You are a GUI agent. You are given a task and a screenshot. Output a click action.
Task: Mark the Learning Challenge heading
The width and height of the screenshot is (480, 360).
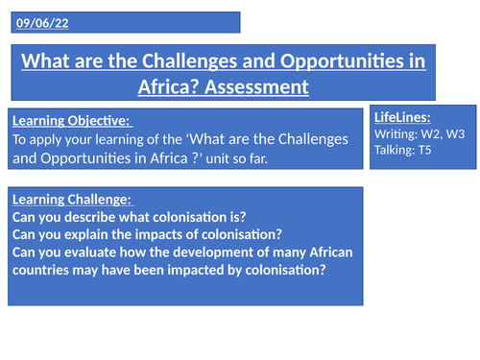click(70, 199)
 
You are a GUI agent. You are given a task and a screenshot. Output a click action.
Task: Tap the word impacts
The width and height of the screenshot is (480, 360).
click(157, 235)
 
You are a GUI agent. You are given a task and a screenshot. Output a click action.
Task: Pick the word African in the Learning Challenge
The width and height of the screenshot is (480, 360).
click(316, 253)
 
